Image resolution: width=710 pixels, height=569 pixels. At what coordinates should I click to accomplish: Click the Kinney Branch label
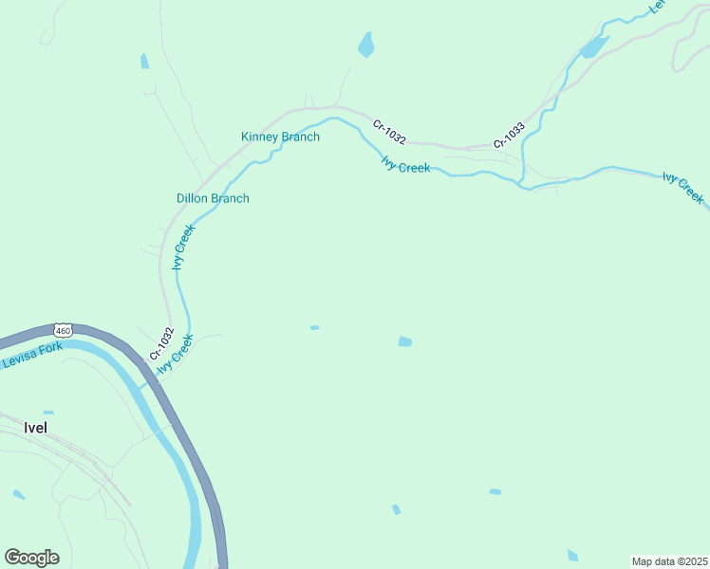click(280, 137)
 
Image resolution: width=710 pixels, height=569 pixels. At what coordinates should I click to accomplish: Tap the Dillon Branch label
click(213, 198)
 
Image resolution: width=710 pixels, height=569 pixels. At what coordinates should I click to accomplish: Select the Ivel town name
click(33, 428)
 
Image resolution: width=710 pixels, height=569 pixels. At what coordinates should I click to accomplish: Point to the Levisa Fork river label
click(31, 355)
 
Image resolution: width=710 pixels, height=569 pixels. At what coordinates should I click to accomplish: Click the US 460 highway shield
click(63, 330)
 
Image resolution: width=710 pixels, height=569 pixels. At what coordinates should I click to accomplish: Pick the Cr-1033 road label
click(509, 137)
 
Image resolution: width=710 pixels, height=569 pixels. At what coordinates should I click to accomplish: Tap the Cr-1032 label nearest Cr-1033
click(389, 132)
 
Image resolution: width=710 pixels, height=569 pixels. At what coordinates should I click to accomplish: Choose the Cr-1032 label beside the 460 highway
click(160, 342)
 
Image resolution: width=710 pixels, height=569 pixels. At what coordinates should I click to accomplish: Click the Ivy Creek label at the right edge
click(682, 188)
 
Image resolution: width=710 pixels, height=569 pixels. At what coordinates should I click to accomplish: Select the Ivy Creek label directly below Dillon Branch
click(183, 247)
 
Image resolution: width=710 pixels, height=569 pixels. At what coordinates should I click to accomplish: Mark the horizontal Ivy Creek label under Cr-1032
click(405, 165)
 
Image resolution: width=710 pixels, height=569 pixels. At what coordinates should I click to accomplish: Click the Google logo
click(31, 557)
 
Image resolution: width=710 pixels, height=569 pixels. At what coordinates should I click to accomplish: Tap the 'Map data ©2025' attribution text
click(669, 560)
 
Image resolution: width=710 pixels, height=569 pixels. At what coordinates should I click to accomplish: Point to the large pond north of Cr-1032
click(365, 45)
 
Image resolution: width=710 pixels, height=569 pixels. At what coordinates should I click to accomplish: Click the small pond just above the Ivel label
click(48, 413)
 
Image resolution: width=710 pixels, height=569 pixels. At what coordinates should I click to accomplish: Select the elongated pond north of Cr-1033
click(593, 46)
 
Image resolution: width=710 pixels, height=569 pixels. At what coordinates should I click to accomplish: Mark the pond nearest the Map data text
click(572, 555)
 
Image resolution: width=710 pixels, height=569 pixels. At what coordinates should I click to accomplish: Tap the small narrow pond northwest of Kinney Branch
click(144, 62)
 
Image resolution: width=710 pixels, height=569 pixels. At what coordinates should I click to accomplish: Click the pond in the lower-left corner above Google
click(19, 494)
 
